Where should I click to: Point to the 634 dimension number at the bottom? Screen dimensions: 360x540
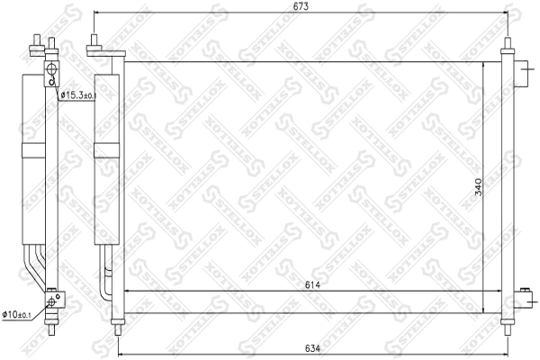[x=311, y=347]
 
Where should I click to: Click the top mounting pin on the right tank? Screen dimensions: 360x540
[x=508, y=44]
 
